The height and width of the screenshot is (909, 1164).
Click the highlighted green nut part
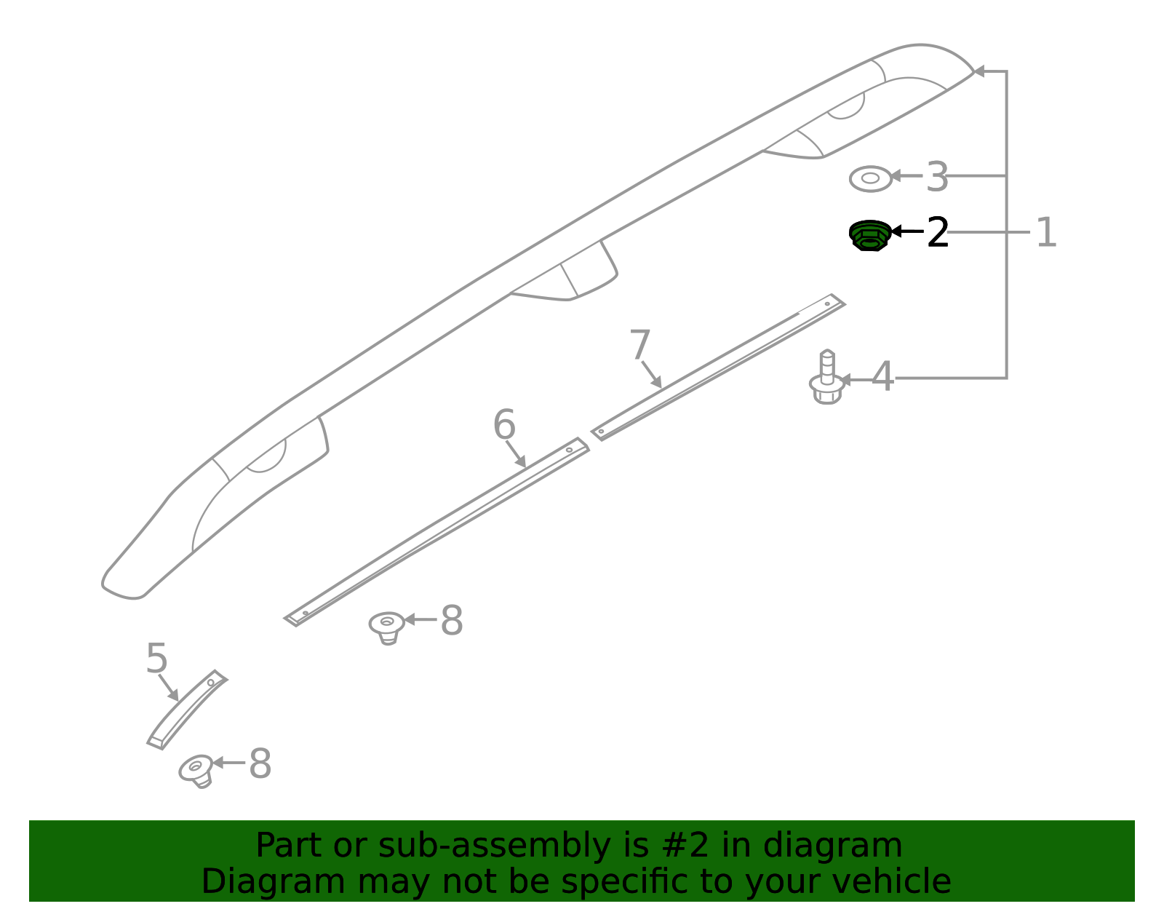pos(869,236)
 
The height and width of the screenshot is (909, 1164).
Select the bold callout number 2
pos(938,234)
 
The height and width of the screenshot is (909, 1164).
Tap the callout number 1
pos(1045,234)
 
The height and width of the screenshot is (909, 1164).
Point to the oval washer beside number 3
pos(870,178)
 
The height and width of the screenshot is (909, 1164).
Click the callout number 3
pos(937,178)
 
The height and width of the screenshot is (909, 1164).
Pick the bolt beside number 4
pos(826,380)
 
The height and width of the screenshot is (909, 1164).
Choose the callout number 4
pos(882,378)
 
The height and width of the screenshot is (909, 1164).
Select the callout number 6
pos(504,425)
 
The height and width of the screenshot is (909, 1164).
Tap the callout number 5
pos(156,659)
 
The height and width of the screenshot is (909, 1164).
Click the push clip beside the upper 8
pos(387,627)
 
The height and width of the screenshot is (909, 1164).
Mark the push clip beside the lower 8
pos(196,770)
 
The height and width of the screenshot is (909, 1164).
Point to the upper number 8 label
pos(452,622)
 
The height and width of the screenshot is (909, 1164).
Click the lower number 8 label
pos(260,765)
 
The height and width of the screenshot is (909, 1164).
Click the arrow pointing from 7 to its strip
pos(653,376)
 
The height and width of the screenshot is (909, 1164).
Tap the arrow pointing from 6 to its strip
pos(517,455)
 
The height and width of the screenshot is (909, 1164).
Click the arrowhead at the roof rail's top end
pos(979,71)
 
